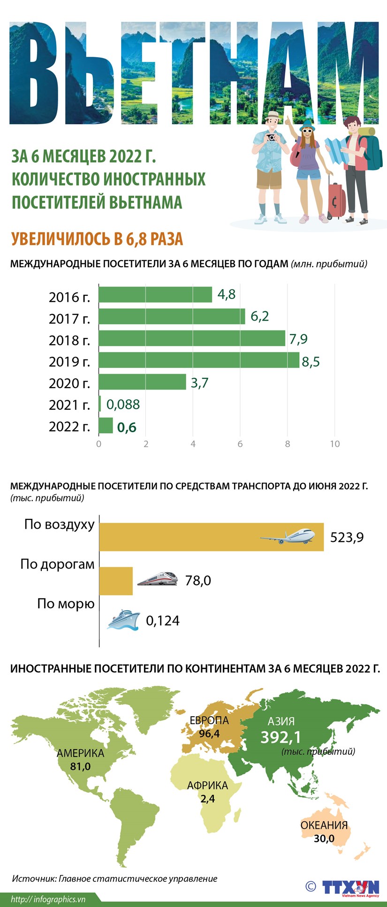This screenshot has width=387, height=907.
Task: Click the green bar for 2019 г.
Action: pyautogui.click(x=199, y=360)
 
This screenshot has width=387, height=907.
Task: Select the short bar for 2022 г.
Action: pyautogui.click(x=106, y=426)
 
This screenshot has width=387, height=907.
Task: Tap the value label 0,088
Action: pyautogui.click(x=123, y=404)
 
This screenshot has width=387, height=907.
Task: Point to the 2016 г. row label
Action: pyautogui.click(x=69, y=297)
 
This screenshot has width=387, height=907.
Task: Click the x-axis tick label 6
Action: pyautogui.click(x=240, y=444)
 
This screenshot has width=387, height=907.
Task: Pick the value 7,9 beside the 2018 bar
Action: pyautogui.click(x=298, y=339)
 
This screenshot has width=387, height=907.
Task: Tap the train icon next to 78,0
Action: pyautogui.click(x=157, y=578)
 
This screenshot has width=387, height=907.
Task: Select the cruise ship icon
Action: pyautogui.click(x=123, y=620)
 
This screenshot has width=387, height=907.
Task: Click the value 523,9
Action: pyautogui.click(x=347, y=537)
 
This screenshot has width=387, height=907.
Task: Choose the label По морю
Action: pyautogui.click(x=66, y=604)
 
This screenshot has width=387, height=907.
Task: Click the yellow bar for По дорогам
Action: pyautogui.click(x=116, y=581)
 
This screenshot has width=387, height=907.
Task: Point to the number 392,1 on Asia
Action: pyautogui.click(x=281, y=737)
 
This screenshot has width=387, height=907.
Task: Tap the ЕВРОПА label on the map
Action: pyautogui.click(x=209, y=720)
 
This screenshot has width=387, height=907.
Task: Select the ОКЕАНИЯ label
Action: pyautogui.click(x=324, y=825)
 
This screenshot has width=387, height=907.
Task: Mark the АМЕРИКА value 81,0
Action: pyautogui.click(x=80, y=766)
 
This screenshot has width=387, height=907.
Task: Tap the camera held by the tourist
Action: pyautogui.click(x=271, y=137)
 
